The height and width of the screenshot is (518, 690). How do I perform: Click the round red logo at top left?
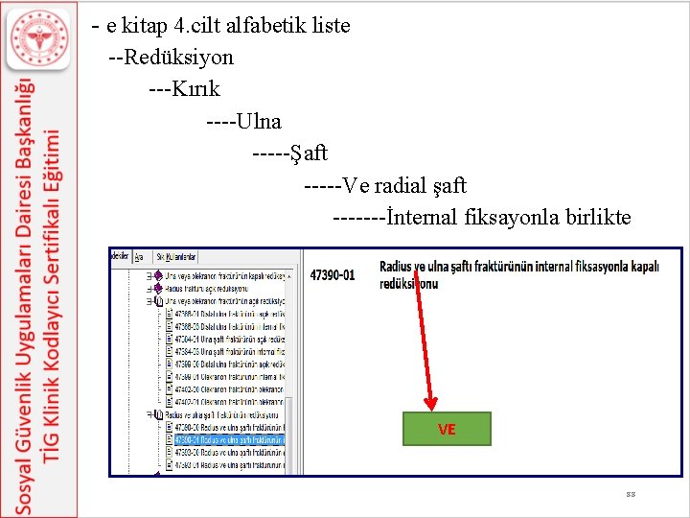point(39,41)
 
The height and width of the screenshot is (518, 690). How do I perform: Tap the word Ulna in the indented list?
point(259,122)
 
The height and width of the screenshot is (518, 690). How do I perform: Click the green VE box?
point(447,430)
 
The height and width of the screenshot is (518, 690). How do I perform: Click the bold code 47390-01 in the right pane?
point(333,275)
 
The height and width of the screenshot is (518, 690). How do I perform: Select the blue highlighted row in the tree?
point(227,440)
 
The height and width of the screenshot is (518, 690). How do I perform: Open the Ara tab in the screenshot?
point(139,257)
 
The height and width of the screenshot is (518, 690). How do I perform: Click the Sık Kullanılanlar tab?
point(176,257)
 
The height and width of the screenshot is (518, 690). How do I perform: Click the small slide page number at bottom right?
point(630,494)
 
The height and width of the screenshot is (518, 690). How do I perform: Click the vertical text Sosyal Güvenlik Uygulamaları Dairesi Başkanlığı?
point(27,288)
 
